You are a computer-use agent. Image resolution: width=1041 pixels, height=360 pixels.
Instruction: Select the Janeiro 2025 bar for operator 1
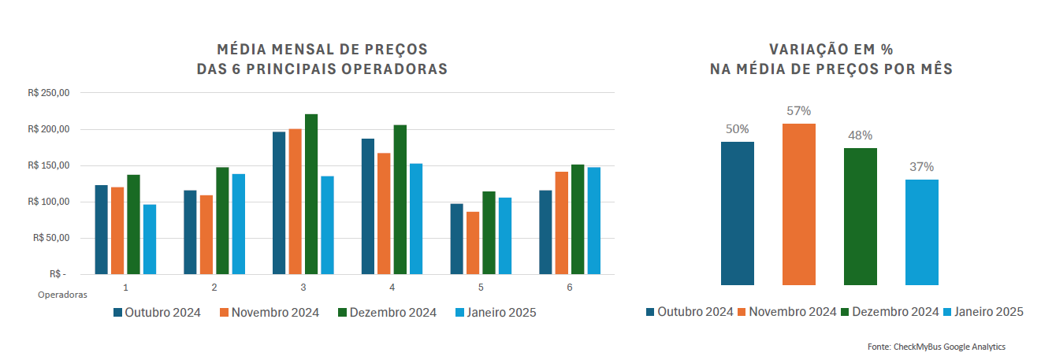[150, 239]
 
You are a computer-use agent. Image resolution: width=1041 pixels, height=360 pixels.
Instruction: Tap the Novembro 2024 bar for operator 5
[473, 243]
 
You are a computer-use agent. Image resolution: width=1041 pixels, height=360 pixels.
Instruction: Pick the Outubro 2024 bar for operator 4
[368, 206]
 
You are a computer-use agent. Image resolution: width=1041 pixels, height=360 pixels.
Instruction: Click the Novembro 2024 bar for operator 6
[562, 222]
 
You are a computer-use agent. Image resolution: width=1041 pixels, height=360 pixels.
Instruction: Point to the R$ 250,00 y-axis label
[49, 93]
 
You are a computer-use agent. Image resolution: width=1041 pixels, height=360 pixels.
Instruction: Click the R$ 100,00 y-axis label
[49, 202]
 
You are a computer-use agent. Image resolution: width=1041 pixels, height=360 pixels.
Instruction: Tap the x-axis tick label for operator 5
[481, 288]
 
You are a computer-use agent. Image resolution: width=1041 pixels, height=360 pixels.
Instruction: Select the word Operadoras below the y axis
[62, 295]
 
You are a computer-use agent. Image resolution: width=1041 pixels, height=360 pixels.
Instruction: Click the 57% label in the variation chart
[798, 111]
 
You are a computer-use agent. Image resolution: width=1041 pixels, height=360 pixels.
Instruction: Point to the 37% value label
[922, 167]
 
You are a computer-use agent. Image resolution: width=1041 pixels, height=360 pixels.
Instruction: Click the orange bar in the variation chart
[798, 204]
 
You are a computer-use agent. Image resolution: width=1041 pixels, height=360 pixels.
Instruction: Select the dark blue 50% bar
[738, 213]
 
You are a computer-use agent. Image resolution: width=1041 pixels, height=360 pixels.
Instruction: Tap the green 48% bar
[860, 216]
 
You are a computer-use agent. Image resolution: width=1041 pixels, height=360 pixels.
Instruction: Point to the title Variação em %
[831, 49]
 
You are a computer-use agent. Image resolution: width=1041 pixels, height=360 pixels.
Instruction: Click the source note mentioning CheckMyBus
[936, 347]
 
